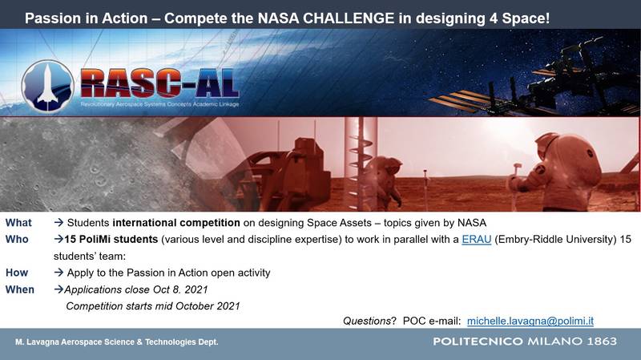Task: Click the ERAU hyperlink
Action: coord(476,239)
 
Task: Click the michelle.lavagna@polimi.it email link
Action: coord(530,322)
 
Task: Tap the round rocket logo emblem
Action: coord(47,86)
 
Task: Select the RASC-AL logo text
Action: coord(159,84)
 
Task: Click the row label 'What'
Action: coord(18,223)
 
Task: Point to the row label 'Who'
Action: coord(17,239)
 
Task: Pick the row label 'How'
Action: coord(17,273)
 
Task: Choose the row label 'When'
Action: coord(19,289)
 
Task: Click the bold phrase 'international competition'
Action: coord(176,223)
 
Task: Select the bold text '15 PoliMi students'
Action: coord(111,239)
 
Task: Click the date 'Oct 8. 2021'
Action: coord(180,289)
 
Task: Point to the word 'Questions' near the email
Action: coord(367,322)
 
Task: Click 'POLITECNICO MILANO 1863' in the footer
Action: coord(525,342)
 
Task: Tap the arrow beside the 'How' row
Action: coord(58,273)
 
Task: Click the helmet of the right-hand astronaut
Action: coord(548,144)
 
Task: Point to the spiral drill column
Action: coord(360,164)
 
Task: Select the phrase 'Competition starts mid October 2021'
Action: coord(153,306)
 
